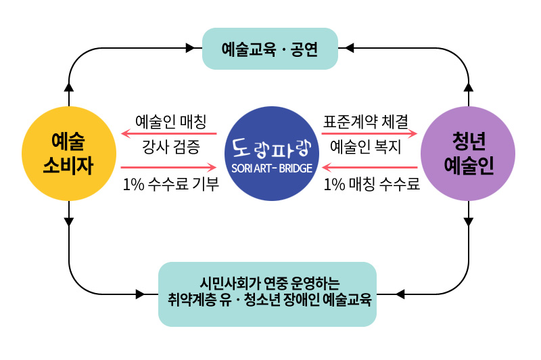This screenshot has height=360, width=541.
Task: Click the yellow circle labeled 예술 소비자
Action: [x=68, y=154]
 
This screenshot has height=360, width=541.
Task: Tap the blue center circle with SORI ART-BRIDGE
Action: [x=271, y=154]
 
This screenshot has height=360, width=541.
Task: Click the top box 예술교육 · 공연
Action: [x=270, y=49]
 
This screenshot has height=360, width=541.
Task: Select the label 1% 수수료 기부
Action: [x=171, y=184]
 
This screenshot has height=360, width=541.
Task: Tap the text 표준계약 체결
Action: [x=366, y=122]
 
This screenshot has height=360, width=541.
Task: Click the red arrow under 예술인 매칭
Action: [x=168, y=134]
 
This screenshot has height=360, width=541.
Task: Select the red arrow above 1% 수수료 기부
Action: [x=168, y=166]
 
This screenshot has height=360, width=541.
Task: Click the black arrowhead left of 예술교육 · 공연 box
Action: [x=191, y=48]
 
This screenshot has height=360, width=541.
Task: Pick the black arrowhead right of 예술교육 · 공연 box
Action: [x=349, y=48]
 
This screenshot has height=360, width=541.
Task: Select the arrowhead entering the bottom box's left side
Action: [x=141, y=294]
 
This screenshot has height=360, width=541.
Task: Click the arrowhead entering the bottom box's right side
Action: [x=399, y=294]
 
